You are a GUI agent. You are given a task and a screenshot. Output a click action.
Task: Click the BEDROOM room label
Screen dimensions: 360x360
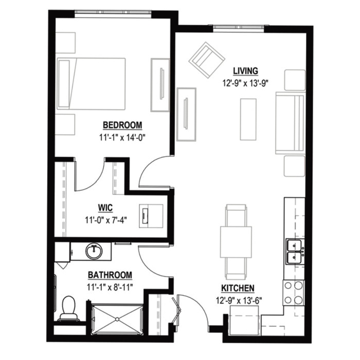[x=122, y=125]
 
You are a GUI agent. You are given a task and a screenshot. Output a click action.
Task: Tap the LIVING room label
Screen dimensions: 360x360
[x=245, y=71]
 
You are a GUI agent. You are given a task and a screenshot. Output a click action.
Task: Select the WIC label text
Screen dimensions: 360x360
[x=105, y=208]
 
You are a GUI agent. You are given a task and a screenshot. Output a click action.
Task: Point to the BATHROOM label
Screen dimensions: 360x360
[x=110, y=275]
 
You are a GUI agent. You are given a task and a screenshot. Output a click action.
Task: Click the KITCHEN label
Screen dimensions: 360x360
[x=238, y=288]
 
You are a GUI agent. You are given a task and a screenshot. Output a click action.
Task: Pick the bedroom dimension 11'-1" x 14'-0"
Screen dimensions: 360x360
[x=122, y=138]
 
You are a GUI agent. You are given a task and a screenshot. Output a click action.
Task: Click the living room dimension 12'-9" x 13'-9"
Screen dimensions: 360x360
[x=245, y=83]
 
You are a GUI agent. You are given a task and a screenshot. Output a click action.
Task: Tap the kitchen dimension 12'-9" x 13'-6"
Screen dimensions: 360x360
[x=239, y=300]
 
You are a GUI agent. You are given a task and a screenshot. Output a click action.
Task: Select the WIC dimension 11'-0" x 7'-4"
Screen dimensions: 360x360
[x=106, y=220]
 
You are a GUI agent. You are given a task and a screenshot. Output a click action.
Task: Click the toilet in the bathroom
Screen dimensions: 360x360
[x=68, y=309]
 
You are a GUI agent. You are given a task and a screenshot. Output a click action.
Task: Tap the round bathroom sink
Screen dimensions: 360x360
[x=94, y=251]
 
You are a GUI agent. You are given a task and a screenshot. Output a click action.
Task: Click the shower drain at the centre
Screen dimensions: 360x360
[x=117, y=319]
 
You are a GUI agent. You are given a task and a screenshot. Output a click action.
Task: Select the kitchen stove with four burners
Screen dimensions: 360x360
[x=294, y=293]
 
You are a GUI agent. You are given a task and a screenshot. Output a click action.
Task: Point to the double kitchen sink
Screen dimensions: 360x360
[x=295, y=251]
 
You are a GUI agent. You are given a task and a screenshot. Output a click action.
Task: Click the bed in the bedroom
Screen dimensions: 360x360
[x=91, y=84]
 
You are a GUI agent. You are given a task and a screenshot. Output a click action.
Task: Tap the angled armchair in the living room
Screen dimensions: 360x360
[x=207, y=60]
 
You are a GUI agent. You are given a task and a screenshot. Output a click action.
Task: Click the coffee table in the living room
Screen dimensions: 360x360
[x=248, y=119]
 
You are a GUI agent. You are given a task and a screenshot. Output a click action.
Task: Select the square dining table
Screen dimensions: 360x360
[x=236, y=242]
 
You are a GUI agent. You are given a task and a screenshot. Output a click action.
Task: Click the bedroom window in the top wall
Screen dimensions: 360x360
[x=113, y=13]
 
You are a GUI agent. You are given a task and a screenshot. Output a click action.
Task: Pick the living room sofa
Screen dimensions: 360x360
[x=290, y=123]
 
